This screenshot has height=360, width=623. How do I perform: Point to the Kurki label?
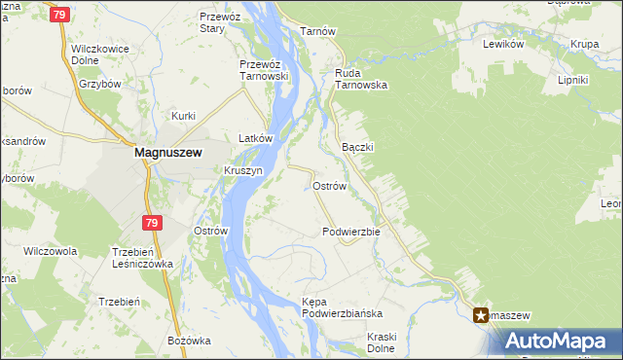coord(183,116)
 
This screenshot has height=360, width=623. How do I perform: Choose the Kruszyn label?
coord(243,170)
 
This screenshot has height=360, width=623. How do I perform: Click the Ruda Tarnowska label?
coord(361,79)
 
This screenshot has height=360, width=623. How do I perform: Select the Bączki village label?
coord(358,146)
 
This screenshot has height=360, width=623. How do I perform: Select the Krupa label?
coord(584,45)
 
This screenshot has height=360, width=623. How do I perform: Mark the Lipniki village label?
coord(573,80)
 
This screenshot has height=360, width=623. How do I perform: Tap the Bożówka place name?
coord(189,340)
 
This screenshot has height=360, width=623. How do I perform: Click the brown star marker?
coord(482,314)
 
